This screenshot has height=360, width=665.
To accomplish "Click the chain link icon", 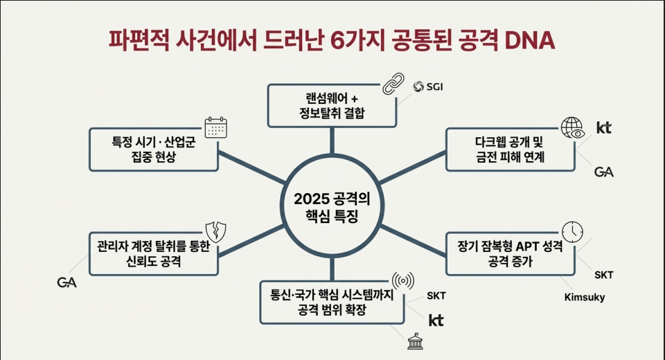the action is coord(393,83).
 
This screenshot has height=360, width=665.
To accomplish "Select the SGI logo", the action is coord(428,87).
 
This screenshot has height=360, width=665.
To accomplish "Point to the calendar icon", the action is coord(216,127).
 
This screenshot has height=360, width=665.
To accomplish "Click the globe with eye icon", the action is coord(573,127).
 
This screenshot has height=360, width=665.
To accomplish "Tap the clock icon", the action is coord(572,231).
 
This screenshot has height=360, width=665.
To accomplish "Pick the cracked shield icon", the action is coord(216,231).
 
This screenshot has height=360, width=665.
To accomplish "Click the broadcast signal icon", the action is coord(403,280).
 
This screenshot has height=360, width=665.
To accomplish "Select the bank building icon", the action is coord(414,341).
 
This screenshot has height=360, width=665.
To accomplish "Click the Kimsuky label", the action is coord(585,297).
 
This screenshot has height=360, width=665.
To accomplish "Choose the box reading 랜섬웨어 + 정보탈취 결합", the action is coord(332,106).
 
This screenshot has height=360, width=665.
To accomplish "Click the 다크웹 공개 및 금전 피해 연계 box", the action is coord(511,150).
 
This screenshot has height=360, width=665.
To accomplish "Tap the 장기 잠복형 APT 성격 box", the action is coord(511,253).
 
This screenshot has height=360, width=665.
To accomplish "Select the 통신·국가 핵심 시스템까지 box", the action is coord(332,303).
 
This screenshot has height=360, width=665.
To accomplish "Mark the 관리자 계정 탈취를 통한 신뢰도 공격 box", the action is coord(154,253).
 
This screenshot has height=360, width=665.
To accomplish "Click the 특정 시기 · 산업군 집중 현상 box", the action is coord(154,150).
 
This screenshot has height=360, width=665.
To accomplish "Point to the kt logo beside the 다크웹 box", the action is coord(604,127).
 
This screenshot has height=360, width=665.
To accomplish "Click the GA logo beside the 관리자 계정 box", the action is coord(67,282).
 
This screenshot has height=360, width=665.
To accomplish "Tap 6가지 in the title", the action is coord(357,41).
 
